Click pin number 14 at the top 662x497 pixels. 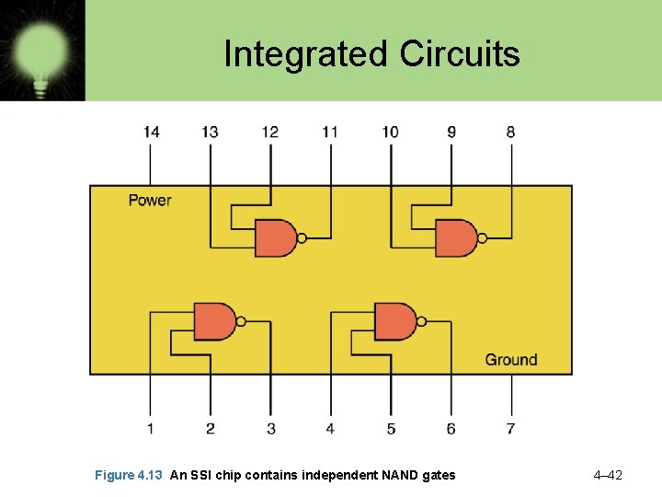pyautogui.click(x=151, y=132)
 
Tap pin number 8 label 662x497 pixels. pyautogui.click(x=510, y=132)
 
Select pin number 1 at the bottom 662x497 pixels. pyautogui.click(x=150, y=428)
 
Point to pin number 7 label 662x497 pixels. pyautogui.click(x=510, y=428)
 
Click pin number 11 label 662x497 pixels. pyautogui.click(x=330, y=132)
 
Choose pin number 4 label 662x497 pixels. pyautogui.click(x=330, y=428)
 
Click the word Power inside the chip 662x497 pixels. pyautogui.click(x=149, y=200)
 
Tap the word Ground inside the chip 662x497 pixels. pyautogui.click(x=511, y=360)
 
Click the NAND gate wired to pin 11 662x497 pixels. pyautogui.click(x=275, y=238)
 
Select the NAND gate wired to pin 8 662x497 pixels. pyautogui.click(x=455, y=238)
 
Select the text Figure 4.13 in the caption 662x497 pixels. pyautogui.click(x=129, y=475)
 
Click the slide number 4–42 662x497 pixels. pyautogui.click(x=608, y=475)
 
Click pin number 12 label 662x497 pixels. pyautogui.click(x=269, y=132)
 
